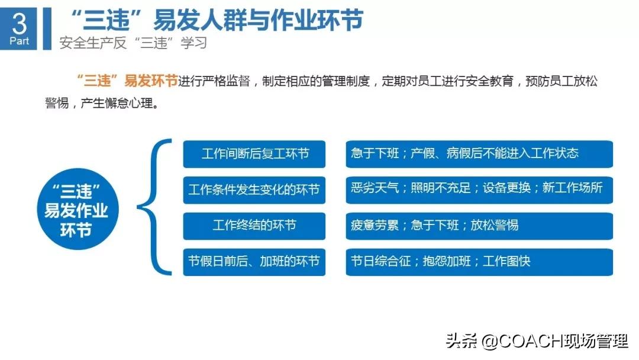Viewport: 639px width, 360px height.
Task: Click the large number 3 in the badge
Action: pos(19,24)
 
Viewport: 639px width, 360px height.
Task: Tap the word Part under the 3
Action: pos(19,41)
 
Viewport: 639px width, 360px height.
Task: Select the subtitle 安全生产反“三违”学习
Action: pos(134,43)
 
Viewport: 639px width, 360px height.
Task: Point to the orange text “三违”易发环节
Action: pos(127,82)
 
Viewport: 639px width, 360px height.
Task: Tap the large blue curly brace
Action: pos(153,207)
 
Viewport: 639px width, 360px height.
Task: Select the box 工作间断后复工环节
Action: pos(254,154)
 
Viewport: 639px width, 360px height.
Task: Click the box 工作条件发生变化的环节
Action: pos(254,189)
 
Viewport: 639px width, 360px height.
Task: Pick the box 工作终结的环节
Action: pos(254,226)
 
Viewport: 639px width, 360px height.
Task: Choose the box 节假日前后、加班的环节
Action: pos(254,261)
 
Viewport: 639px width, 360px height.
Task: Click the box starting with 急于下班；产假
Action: pos(479,154)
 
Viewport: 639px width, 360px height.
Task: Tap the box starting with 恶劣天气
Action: pos(479,189)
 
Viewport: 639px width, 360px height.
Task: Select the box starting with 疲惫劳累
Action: pos(479,226)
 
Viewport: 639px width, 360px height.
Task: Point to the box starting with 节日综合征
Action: pos(479,261)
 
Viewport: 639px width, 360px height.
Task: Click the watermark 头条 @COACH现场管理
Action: pos(537,342)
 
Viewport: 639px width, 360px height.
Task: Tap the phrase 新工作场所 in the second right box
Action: pos(572,189)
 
